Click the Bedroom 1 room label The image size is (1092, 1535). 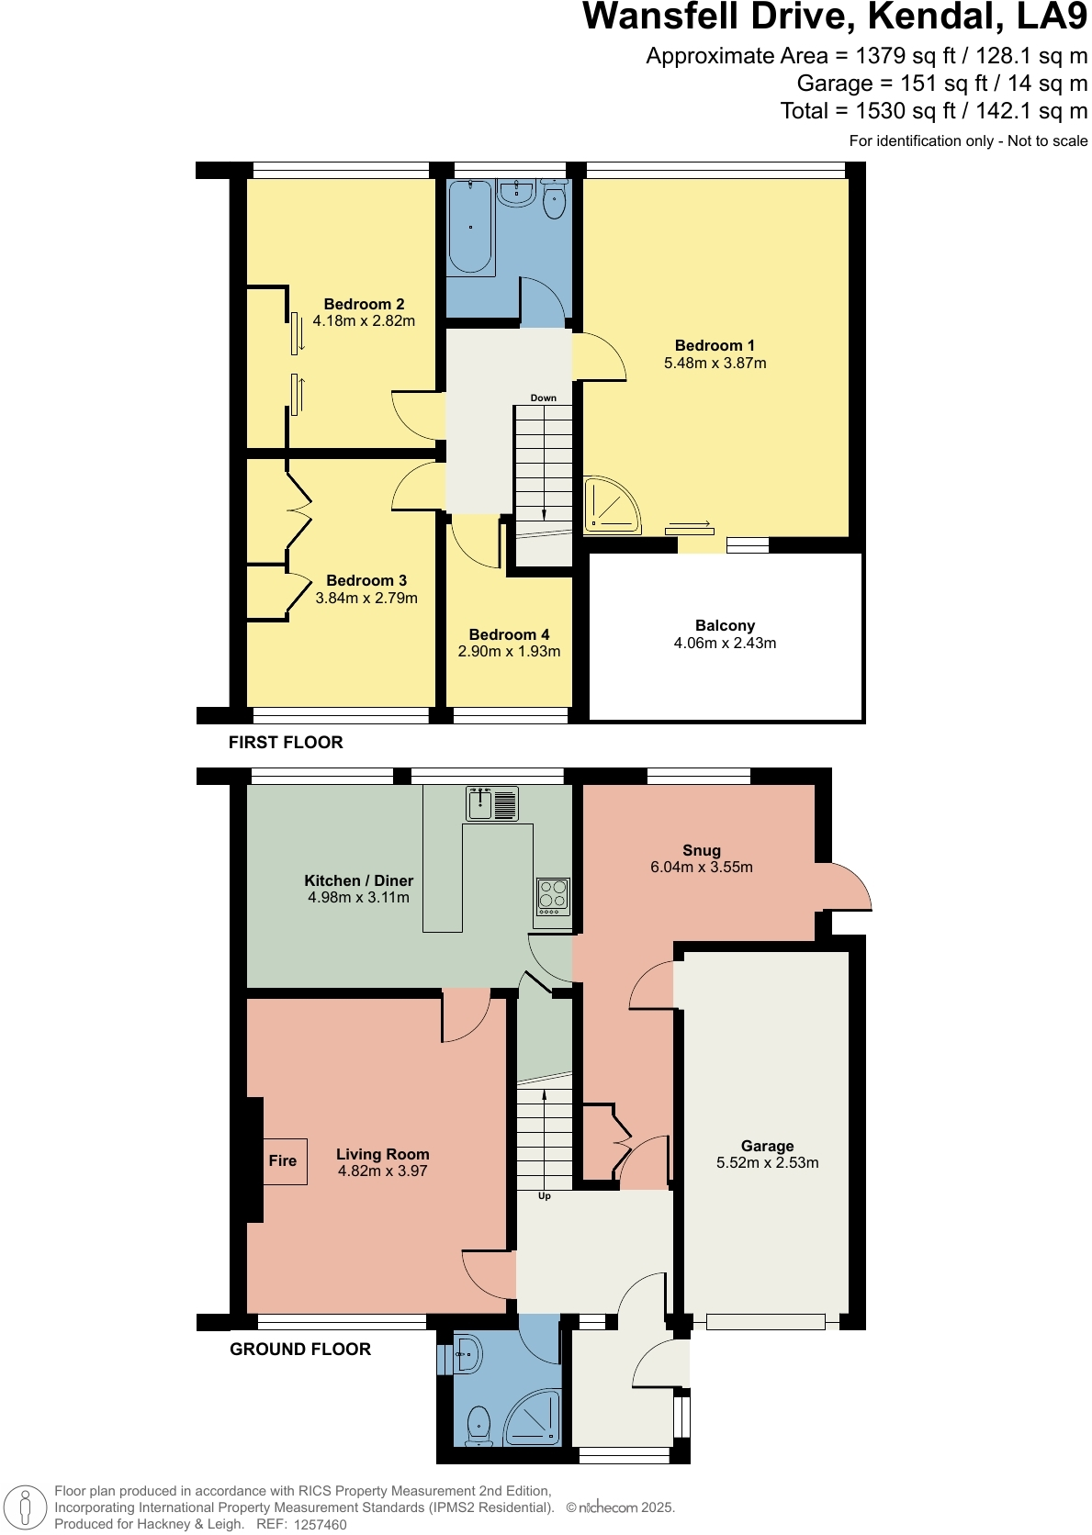coord(715,345)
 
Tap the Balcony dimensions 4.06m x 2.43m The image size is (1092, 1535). coord(725,643)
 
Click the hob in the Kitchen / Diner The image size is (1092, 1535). coord(553,896)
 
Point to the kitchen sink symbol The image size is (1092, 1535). coord(491,803)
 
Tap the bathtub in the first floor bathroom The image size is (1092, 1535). coord(470,228)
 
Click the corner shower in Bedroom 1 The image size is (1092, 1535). coord(612,506)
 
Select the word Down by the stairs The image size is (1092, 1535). coord(543,398)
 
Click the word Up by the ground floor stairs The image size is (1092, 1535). coord(545,1196)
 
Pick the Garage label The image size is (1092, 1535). coord(767,1146)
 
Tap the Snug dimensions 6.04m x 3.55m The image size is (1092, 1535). coord(702,867)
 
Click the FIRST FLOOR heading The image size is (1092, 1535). coord(286,742)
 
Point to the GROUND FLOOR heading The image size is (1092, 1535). coord(300,1350)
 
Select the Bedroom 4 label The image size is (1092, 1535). coord(509,634)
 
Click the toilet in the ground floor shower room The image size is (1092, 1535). coord(478,1428)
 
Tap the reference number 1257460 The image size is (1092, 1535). coord(321,1525)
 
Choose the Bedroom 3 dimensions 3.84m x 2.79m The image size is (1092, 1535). coord(366,598)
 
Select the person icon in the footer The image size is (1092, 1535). coord(26,1507)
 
